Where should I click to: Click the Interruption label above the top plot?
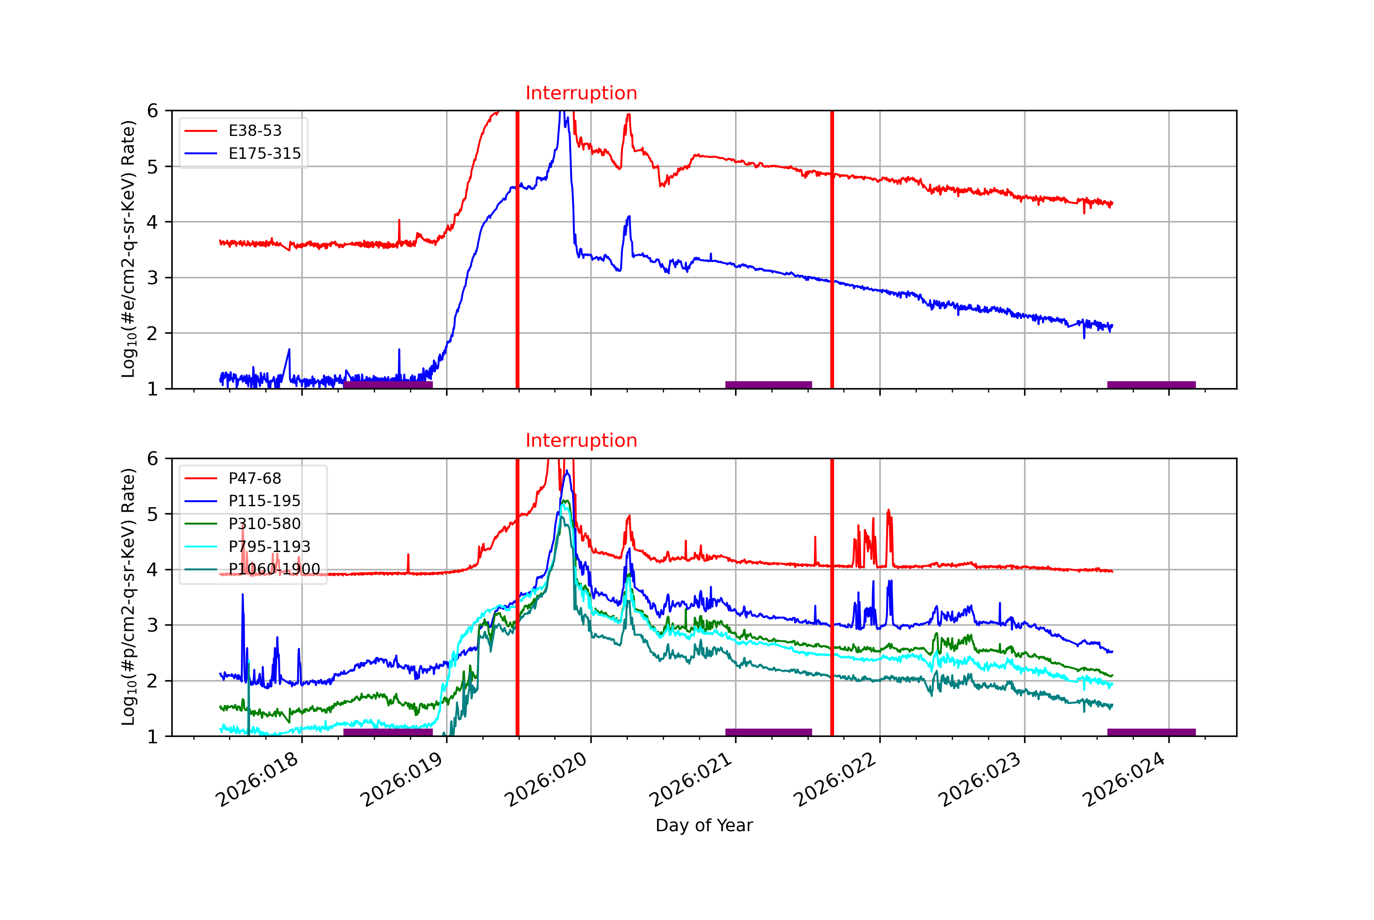pos(581,93)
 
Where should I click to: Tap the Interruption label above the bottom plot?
pos(581,441)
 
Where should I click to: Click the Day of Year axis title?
pos(704,826)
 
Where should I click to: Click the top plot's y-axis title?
pos(129,249)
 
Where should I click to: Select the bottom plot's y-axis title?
pos(129,597)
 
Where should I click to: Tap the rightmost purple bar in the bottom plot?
pos(1151,732)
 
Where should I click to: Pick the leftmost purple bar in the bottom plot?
pos(388,732)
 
